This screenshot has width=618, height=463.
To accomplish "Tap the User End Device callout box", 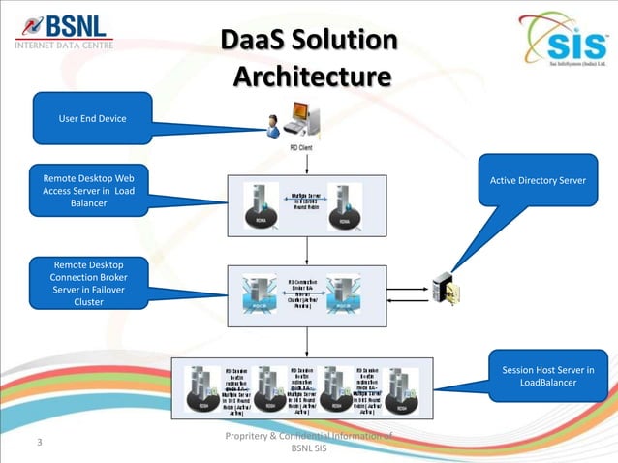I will pos(92,118).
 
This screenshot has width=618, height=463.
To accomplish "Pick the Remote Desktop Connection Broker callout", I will pos(88,282).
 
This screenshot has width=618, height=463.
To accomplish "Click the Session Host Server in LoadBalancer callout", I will pos(547,376).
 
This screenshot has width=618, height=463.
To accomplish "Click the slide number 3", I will pos(40,443).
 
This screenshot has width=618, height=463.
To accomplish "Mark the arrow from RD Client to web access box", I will pos(307,164).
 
